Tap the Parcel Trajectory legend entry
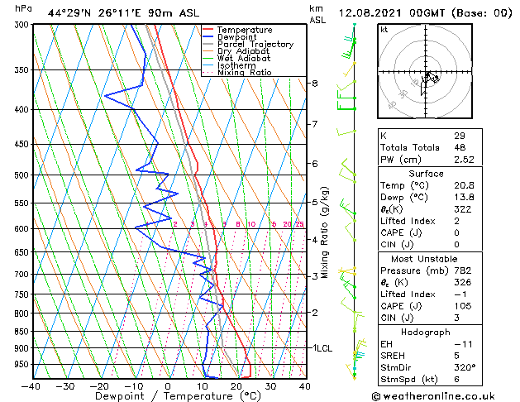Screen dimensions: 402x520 point(255,45)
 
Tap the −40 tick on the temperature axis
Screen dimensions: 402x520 point(31,386)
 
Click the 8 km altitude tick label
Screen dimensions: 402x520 point(314,84)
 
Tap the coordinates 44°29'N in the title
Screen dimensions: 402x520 point(69,13)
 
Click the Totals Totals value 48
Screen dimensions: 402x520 point(460,147)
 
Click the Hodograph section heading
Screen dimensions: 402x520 point(426,332)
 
